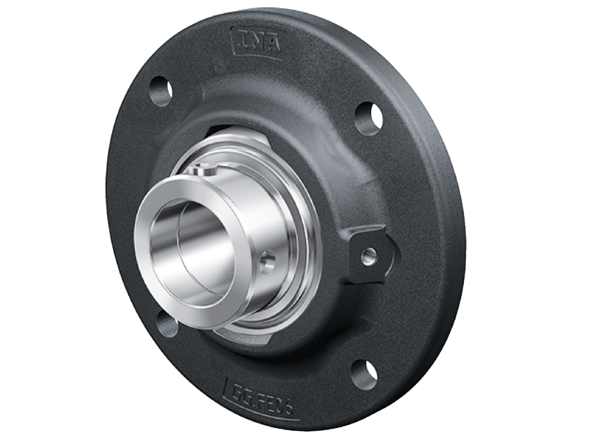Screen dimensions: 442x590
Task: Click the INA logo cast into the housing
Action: point(256,42)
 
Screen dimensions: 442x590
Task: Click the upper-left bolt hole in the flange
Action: point(161,91)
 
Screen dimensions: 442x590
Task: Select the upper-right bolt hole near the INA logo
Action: point(368,117)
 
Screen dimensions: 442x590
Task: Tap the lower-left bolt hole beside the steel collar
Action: point(166,323)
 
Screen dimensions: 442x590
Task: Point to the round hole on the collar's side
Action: point(267,259)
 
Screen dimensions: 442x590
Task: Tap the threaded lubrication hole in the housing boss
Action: point(369,255)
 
